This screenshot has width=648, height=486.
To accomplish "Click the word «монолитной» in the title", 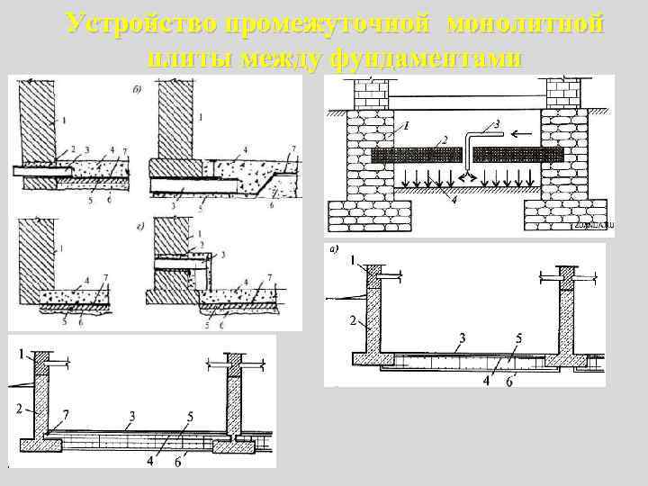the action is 524,24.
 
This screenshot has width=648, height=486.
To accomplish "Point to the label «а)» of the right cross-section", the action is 335,250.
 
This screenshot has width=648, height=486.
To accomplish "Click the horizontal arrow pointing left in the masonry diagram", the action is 517,131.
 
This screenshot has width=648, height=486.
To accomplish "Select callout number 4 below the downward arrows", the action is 454,200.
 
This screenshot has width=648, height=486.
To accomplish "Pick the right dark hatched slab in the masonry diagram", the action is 518,154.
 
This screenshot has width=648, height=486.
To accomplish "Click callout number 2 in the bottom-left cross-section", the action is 18,409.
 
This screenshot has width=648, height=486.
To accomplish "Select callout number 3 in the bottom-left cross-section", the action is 132,415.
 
